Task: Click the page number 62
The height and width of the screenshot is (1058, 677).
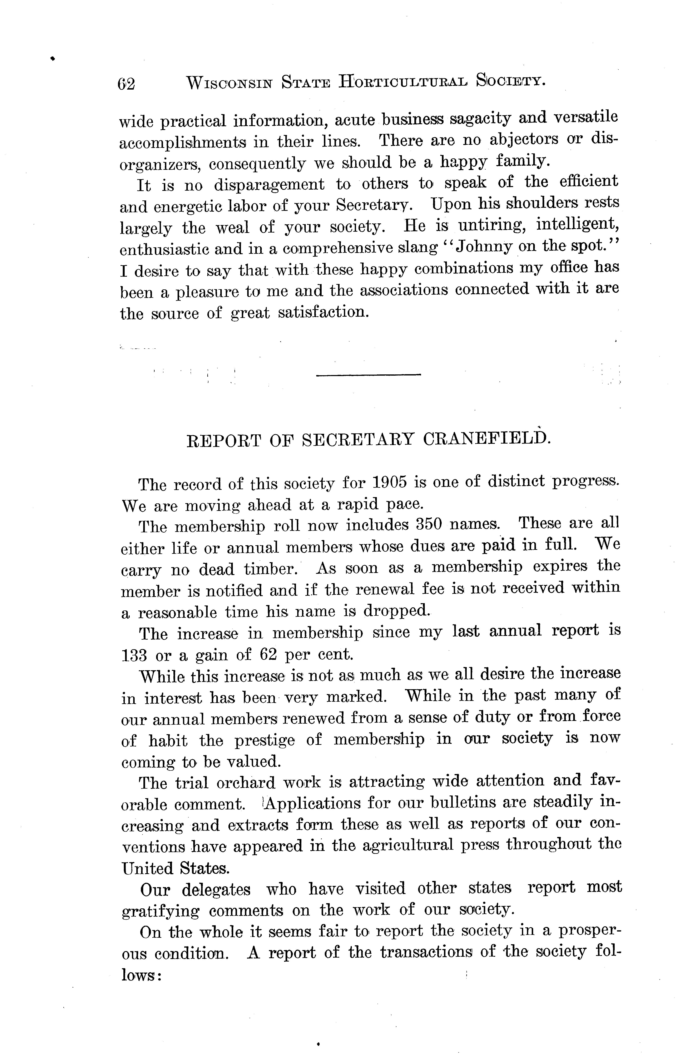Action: pyautogui.click(x=126, y=83)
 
